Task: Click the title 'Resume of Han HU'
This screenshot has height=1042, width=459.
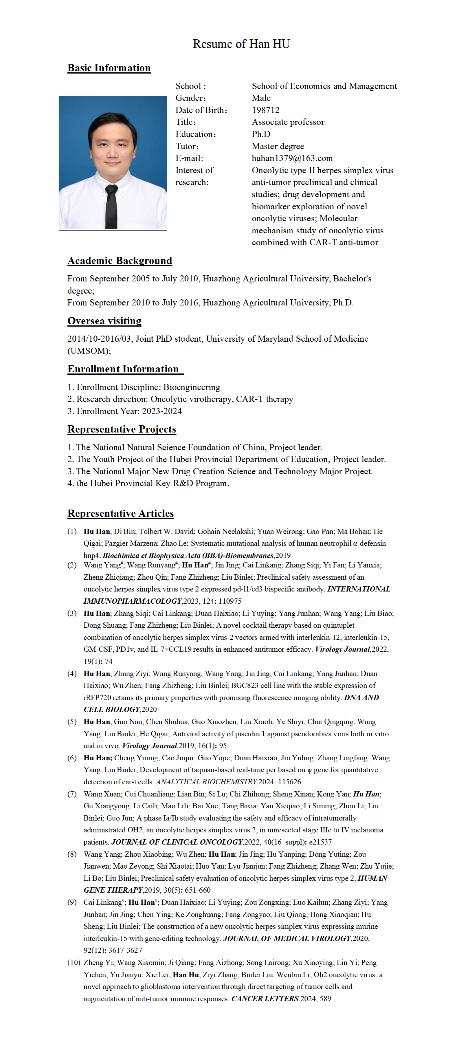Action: (241, 44)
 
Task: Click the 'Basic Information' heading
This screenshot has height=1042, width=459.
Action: (109, 68)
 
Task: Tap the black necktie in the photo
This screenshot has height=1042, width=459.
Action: (111, 206)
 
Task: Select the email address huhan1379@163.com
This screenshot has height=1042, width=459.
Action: (292, 158)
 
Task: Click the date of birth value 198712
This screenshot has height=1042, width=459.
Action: (265, 110)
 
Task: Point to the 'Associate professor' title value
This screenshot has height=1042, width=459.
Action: (288, 122)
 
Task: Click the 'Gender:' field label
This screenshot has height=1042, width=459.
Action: (190, 98)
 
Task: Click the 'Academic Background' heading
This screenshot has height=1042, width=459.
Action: (120, 261)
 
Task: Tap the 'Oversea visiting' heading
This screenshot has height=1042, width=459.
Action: (104, 321)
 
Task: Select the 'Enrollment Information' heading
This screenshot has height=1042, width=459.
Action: (123, 369)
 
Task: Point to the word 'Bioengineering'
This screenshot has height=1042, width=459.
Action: (192, 387)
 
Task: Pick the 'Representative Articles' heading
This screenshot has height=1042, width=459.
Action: (120, 514)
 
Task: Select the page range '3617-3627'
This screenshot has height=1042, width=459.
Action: (125, 950)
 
